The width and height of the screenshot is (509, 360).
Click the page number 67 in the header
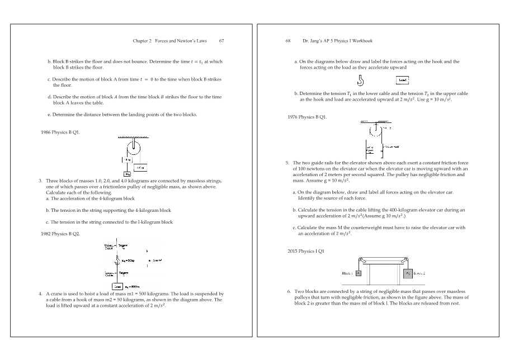[x=221, y=41]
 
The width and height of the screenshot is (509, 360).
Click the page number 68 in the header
[x=289, y=41]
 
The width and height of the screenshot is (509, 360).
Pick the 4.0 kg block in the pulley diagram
[x=141, y=167]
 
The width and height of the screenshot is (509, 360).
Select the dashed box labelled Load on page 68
[x=402, y=80]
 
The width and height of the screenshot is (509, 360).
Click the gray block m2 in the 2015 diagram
[x=408, y=274]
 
